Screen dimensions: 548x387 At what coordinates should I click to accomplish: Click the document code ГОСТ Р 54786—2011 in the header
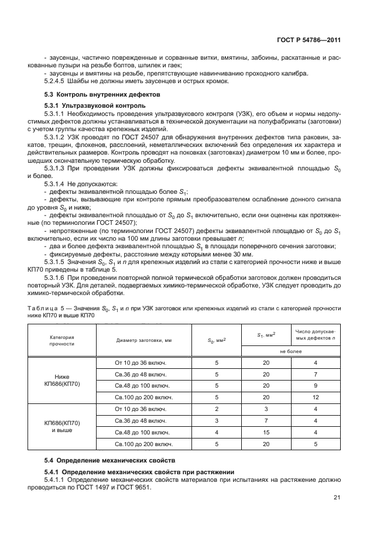coord(310,40)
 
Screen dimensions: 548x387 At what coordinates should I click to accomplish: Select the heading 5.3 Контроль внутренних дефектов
coord(95,94)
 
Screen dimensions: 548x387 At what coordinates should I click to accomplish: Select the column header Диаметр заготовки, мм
coord(143,340)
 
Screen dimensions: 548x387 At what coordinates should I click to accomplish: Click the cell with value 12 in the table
coord(315,397)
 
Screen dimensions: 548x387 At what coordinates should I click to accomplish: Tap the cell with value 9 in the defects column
coord(315,386)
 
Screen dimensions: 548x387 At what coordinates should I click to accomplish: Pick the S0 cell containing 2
coord(217,409)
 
